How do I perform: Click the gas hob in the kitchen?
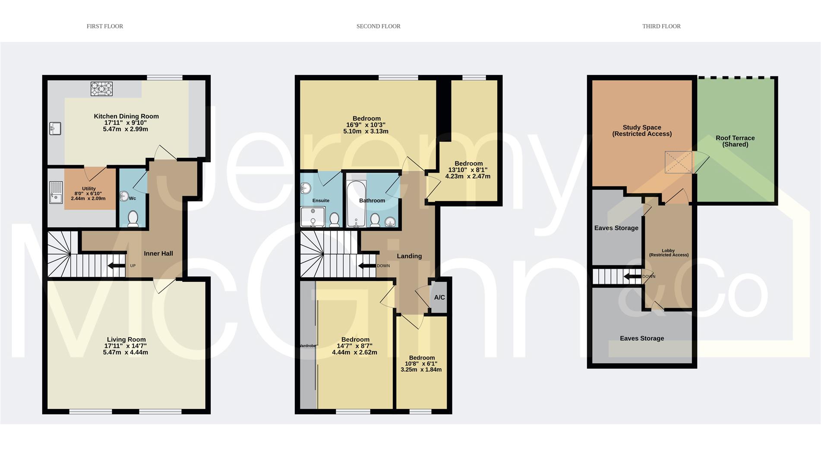101,89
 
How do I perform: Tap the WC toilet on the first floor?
133,219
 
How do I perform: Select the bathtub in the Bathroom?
357,204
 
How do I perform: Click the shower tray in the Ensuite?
313,217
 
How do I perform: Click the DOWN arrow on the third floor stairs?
632,276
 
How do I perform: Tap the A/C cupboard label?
439,297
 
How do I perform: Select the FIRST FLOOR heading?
105,26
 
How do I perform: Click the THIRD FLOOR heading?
661,26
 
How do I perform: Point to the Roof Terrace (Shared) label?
735,141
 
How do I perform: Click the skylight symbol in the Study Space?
679,162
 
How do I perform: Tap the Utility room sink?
56,192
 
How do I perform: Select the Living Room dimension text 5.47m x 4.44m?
126,352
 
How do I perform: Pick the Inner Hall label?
158,253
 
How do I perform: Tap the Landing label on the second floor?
409,256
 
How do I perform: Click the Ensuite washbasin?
306,188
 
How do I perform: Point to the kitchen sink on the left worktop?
55,129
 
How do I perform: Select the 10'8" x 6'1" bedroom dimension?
421,364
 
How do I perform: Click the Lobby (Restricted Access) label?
669,253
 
